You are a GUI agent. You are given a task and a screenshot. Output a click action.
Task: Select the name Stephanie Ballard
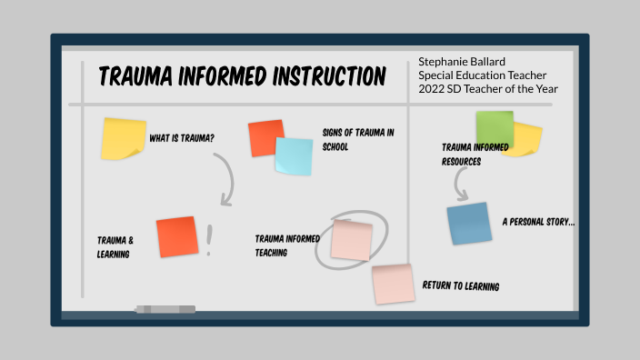pyautogui.click(x=464, y=61)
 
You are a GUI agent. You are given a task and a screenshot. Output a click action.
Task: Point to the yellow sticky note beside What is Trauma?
pyautogui.click(x=124, y=138)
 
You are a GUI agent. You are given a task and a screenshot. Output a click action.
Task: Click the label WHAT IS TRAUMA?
pyautogui.click(x=182, y=139)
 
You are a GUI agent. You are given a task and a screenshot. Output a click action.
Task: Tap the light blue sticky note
pyautogui.click(x=294, y=156)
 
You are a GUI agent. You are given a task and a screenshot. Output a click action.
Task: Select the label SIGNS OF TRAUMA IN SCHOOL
pyautogui.click(x=357, y=139)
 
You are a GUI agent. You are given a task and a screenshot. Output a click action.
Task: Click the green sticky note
pyautogui.click(x=494, y=127)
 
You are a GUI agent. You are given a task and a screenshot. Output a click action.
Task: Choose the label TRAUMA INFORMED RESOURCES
pyautogui.click(x=474, y=154)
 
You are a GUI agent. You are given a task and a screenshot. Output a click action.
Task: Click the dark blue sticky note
pyautogui.click(x=469, y=224)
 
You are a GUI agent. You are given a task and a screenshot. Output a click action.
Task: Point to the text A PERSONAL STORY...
pyautogui.click(x=538, y=222)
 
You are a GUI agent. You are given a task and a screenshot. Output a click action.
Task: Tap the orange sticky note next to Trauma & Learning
pyautogui.click(x=176, y=236)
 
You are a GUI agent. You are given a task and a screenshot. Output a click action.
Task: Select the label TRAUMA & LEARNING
pyautogui.click(x=115, y=247)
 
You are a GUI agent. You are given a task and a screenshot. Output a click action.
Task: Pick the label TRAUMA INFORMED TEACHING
pyautogui.click(x=286, y=245)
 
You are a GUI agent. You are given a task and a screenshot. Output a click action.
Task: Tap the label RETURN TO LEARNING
pyautogui.click(x=460, y=286)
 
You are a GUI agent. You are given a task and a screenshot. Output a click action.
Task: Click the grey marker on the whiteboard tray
pyautogui.click(x=165, y=310)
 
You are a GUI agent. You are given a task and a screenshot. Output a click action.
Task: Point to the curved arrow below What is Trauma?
pyautogui.click(x=227, y=177)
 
